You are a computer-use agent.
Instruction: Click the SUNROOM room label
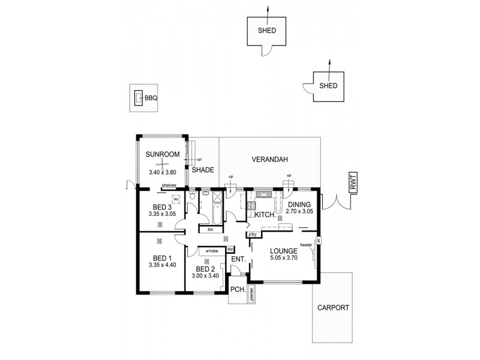[163, 155]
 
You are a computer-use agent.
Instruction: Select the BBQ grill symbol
[139, 97]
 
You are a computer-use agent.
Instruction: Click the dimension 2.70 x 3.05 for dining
[299, 211]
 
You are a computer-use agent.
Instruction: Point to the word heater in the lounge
[306, 245]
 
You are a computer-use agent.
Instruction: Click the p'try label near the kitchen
[253, 235]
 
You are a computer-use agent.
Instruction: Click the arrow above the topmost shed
[268, 8]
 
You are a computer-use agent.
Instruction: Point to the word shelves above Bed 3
[169, 186]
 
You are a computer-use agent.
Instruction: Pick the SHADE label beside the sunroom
[203, 170]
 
